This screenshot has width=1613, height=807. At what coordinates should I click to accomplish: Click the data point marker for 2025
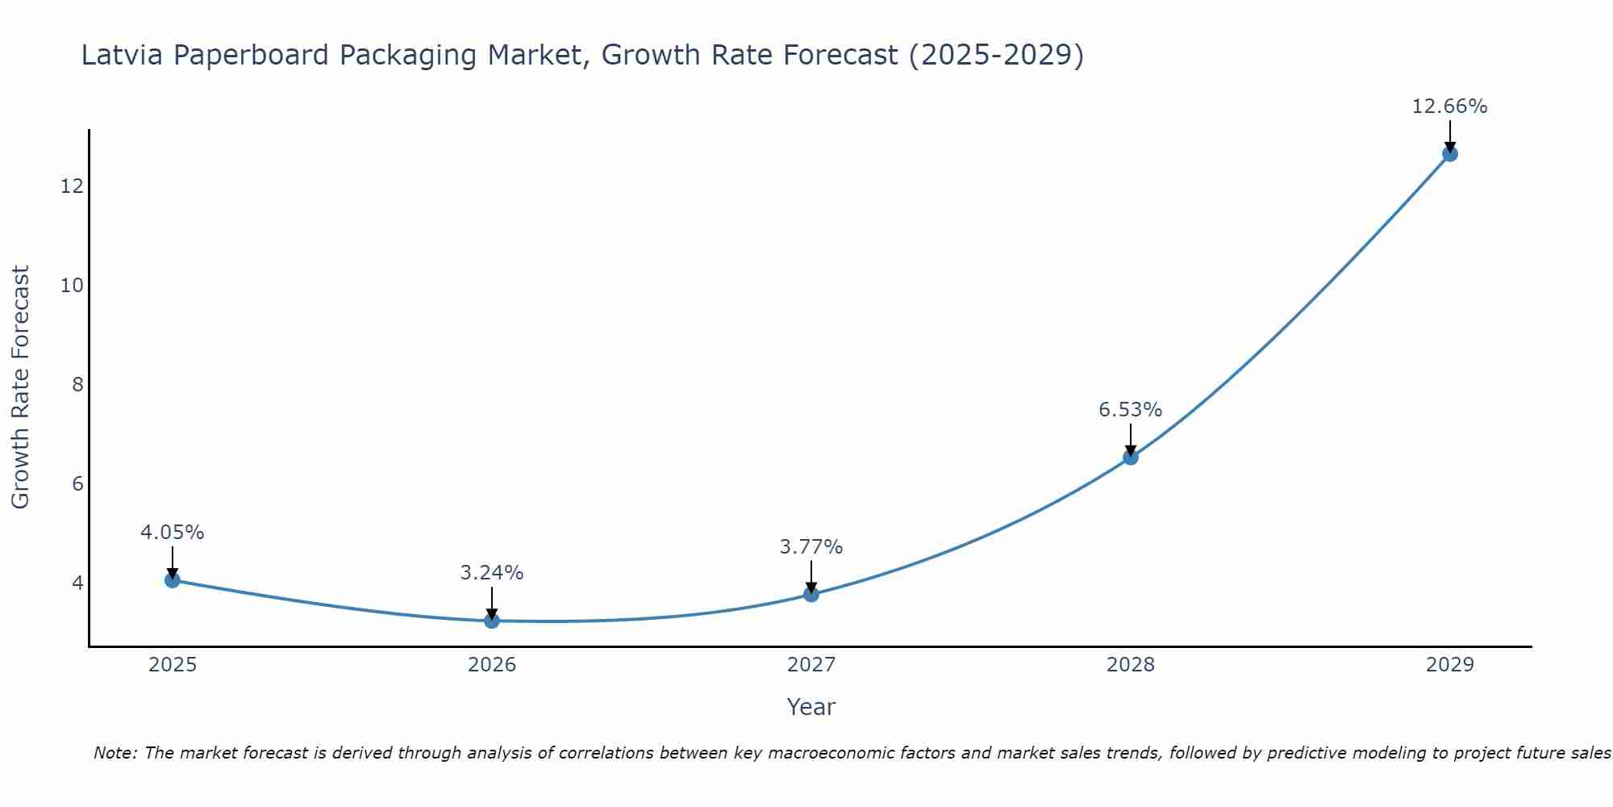172,579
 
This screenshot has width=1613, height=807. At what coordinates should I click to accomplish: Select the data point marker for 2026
491,620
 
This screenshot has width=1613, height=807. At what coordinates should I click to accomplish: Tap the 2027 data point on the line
811,594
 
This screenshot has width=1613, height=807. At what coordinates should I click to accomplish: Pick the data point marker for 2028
1130,457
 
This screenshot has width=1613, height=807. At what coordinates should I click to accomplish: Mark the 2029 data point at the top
1449,153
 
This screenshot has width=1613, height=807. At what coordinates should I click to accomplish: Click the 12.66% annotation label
1449,107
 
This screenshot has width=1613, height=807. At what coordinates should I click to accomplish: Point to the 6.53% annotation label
1130,410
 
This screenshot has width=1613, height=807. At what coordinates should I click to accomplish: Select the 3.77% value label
811,547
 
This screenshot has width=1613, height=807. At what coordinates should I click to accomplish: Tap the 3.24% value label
491,573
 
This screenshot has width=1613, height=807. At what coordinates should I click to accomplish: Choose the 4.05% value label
172,533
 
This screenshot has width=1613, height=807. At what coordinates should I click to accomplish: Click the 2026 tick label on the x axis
491,665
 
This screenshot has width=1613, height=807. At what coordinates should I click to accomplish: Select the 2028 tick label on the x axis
1130,665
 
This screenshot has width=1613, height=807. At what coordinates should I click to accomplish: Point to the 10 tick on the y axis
72,285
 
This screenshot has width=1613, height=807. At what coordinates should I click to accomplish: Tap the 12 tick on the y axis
72,186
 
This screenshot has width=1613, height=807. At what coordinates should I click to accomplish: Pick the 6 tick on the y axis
77,483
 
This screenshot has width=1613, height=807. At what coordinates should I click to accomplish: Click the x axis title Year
811,707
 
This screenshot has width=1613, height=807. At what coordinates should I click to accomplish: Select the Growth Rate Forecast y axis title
20,387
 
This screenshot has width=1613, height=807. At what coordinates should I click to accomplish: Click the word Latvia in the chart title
123,55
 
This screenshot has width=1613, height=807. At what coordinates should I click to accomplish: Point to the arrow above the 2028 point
1130,439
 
